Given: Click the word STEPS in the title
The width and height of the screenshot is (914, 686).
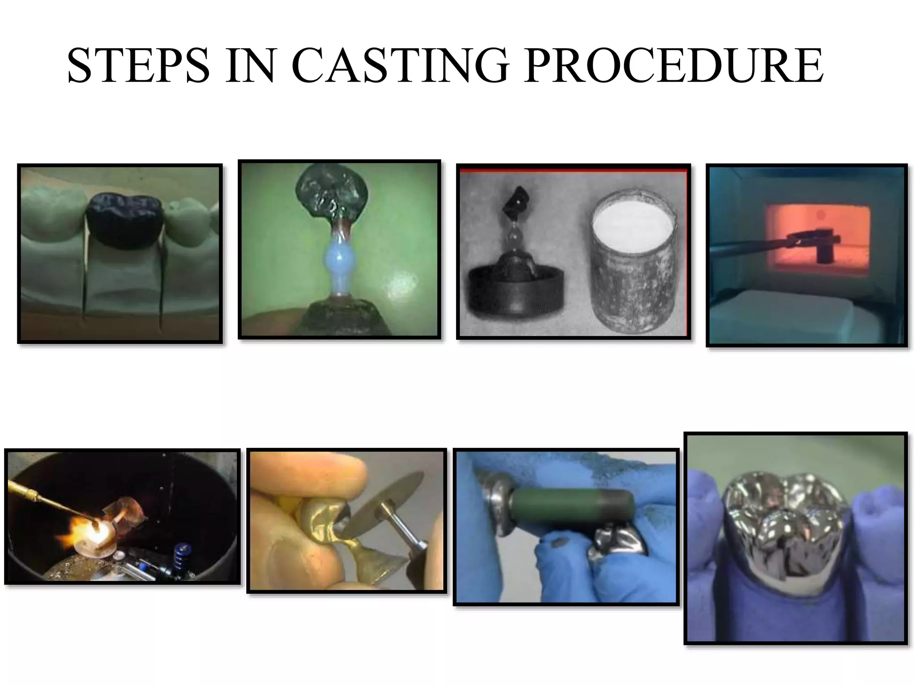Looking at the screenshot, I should pyautogui.click(x=138, y=66).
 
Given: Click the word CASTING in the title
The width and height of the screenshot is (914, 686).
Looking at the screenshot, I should pyautogui.click(x=400, y=66).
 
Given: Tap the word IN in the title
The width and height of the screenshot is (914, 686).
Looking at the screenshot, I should pyautogui.click(x=250, y=66).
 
